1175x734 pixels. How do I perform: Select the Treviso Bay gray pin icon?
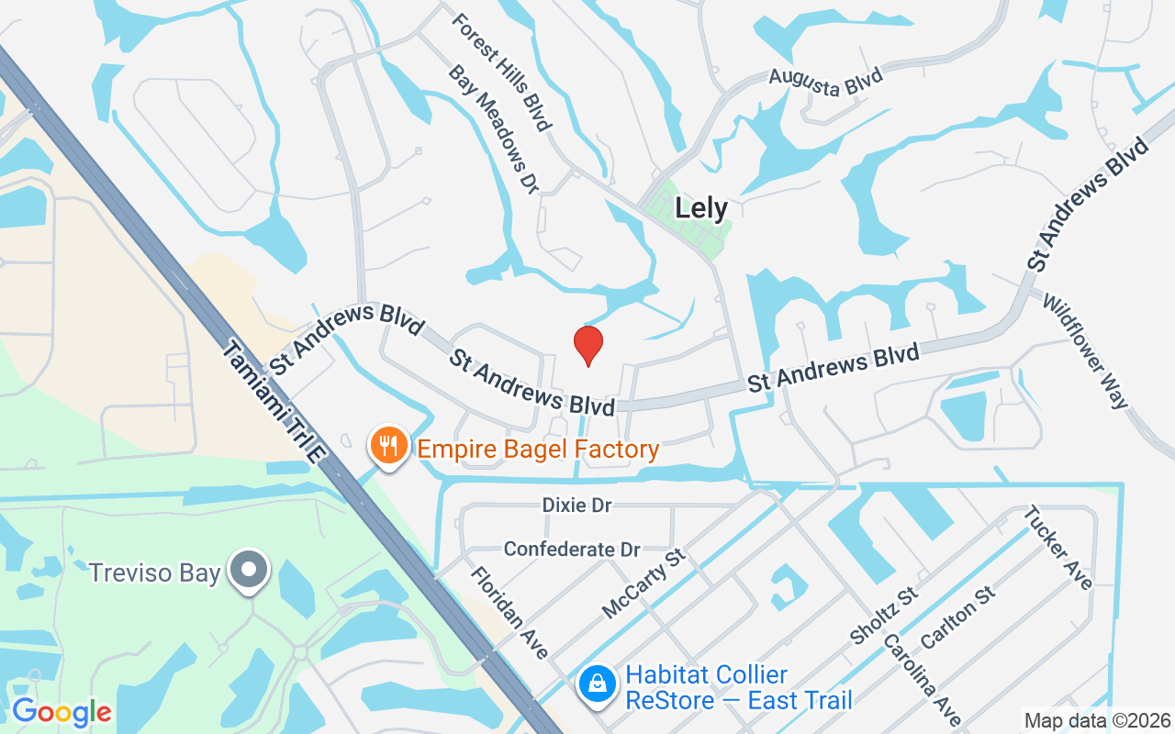click(249, 570)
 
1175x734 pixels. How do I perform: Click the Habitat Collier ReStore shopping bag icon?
click(598, 684)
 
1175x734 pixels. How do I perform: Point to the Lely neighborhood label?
click(701, 208)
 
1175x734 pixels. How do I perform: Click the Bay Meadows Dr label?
click(493, 128)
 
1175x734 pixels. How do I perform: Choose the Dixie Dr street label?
click(576, 505)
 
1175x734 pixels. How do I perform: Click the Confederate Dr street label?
click(572, 549)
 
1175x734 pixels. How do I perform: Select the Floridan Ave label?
click(509, 612)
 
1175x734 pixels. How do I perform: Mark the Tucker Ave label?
click(1058, 548)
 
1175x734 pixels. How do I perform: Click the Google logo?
click(62, 711)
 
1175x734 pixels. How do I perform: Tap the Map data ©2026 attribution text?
click(1097, 720)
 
